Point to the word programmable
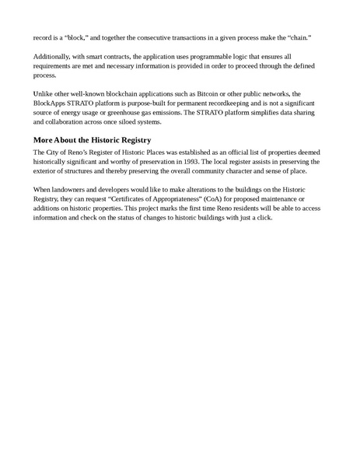click(207, 58)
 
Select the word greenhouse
click(125, 112)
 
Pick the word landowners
click(69, 189)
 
